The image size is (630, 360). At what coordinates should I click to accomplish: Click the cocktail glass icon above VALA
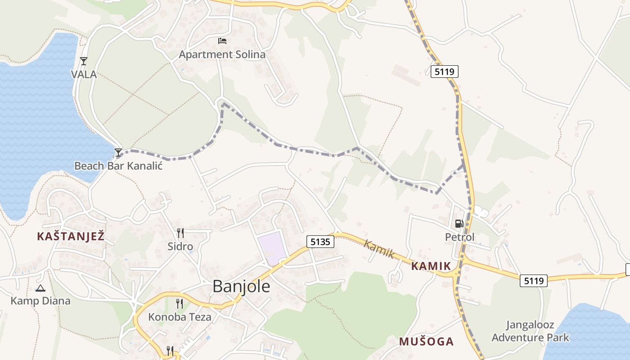83,61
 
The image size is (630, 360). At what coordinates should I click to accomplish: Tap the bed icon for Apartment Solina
222,41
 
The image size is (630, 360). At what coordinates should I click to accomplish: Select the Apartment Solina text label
222,54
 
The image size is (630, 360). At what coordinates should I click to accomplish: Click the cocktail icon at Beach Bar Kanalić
118,153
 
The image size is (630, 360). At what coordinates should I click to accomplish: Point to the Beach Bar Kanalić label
118,166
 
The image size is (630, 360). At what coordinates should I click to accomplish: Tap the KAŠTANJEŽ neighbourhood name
71,236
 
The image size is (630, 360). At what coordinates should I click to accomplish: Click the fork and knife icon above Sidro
180,233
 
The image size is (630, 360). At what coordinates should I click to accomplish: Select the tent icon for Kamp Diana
40,288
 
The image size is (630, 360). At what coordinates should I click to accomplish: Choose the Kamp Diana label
40,301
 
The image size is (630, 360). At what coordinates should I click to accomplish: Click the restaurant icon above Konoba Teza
180,304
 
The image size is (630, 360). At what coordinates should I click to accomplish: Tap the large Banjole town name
241,286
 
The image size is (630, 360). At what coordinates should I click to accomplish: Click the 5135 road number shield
320,242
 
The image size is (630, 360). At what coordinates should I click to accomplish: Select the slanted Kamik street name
379,249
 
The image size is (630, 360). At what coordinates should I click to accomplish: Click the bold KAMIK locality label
431,266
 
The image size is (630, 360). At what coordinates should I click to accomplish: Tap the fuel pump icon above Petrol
459,223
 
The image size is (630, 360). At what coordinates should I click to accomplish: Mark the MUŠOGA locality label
426,342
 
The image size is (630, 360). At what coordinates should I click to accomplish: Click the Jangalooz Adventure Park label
530,331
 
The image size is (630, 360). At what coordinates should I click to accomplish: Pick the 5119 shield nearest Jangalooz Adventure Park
534,281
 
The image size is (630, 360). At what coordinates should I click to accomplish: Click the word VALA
84,74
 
